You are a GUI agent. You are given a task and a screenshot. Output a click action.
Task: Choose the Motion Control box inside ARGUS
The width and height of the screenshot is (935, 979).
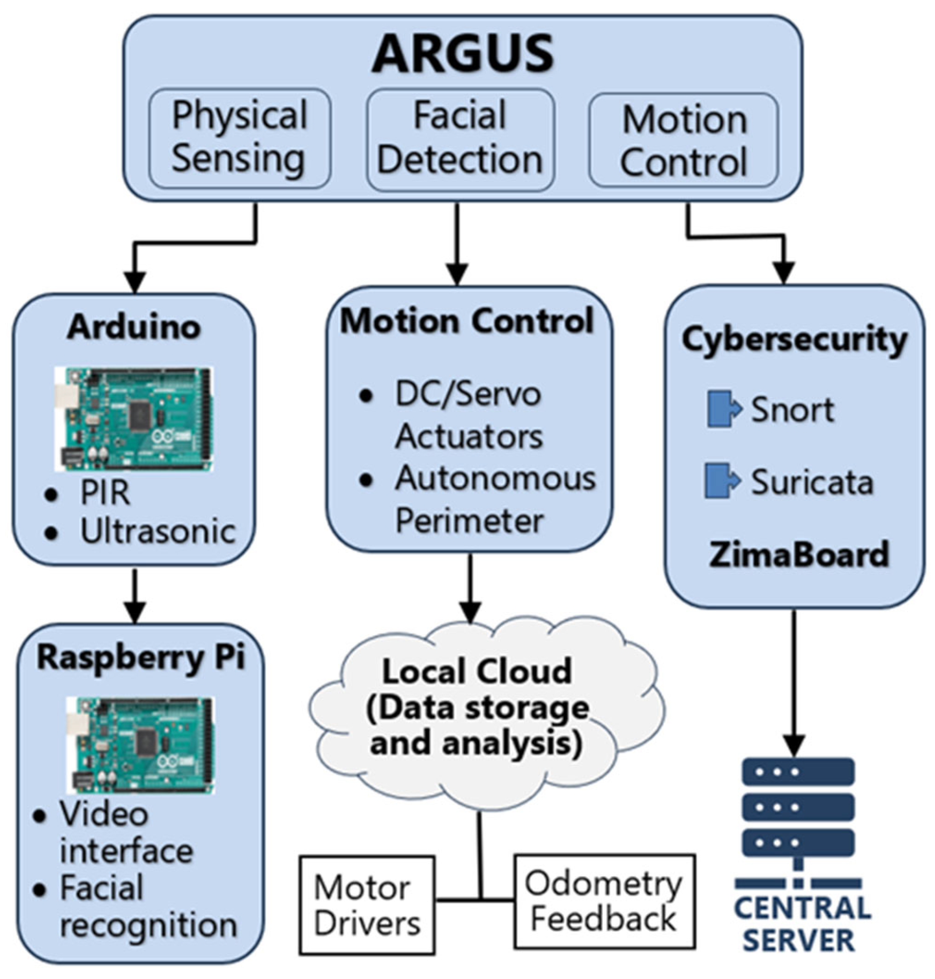click(684, 141)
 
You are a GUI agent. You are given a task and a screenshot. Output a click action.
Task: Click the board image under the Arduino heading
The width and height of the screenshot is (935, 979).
click(134, 419)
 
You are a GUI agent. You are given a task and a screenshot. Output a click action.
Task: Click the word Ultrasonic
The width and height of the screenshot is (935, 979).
click(157, 532)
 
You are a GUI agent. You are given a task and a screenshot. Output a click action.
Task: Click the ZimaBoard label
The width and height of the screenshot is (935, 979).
click(798, 554)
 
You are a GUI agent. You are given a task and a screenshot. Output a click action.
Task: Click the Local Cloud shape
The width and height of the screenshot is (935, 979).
click(478, 708)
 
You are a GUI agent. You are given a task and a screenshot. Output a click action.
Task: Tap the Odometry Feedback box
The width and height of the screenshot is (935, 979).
click(605, 901)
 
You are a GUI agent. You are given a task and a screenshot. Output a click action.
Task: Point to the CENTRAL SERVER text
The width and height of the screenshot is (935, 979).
click(802, 925)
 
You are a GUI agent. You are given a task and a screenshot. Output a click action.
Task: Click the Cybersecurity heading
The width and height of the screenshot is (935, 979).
click(794, 339)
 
